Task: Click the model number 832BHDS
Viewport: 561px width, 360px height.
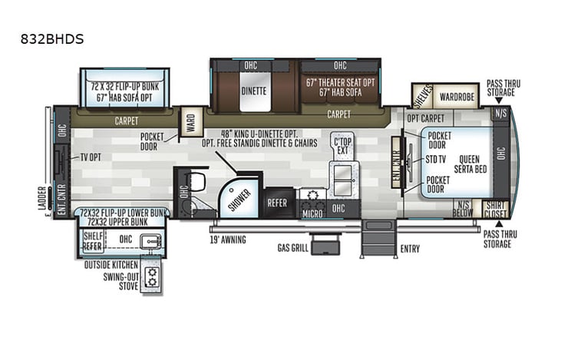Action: (52, 38)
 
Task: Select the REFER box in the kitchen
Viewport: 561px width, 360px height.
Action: (277, 203)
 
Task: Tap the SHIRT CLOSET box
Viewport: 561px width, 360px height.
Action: (495, 209)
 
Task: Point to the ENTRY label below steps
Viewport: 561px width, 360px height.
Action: (411, 248)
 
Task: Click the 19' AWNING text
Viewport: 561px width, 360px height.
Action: (228, 239)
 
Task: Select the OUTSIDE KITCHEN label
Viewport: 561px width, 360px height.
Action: (111, 263)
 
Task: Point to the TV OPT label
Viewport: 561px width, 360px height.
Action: (93, 157)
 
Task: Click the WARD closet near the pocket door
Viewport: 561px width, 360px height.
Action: (190, 122)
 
